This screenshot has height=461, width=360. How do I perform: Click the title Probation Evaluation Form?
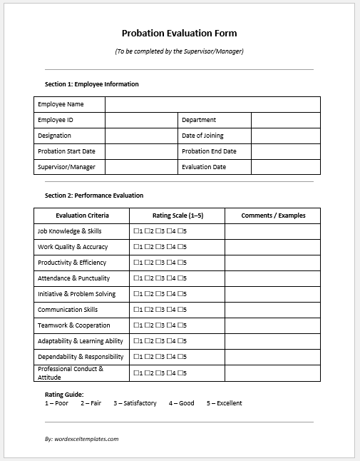(180, 33)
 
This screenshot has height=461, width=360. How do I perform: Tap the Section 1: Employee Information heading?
(91, 84)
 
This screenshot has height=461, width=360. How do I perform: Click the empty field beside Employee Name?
(212, 104)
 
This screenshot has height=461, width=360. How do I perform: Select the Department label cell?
(199, 120)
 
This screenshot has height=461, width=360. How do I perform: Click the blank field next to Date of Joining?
(285, 136)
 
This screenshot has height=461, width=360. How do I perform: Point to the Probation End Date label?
(209, 151)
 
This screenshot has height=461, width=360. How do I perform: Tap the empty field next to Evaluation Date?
(285, 167)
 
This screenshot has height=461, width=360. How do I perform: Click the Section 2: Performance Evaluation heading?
(93, 196)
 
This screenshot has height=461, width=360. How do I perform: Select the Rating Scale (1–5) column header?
(178, 216)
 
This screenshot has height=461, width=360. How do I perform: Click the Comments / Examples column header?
(273, 216)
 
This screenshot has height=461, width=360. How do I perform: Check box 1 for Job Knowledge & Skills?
(136, 231)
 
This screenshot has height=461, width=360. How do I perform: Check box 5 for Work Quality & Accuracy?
(180, 247)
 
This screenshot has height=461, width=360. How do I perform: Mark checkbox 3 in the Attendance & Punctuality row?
(158, 278)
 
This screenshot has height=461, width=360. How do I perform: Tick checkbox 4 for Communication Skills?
(170, 310)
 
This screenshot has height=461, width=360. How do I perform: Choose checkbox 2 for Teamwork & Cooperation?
(148, 325)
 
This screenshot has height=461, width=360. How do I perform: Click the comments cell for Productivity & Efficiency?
(273, 263)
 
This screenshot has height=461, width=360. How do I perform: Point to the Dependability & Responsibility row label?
(81, 357)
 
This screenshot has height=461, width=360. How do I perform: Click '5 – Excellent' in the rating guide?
(224, 403)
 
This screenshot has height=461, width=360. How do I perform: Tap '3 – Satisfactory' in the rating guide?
(135, 403)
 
